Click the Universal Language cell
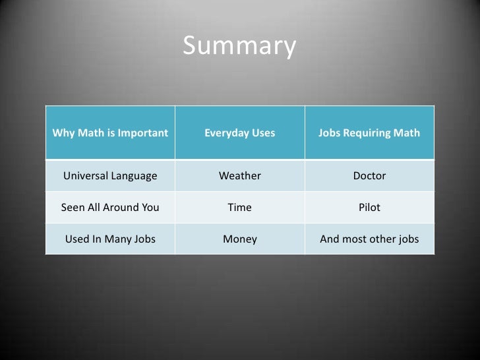(110, 176)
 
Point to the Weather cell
(240, 176)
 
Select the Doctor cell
(369, 176)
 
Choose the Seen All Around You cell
(110, 208)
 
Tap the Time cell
(240, 208)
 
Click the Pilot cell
(369, 208)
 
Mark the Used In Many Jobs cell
(110, 239)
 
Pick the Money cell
(240, 239)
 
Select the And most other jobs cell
(369, 239)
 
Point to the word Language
(135, 177)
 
